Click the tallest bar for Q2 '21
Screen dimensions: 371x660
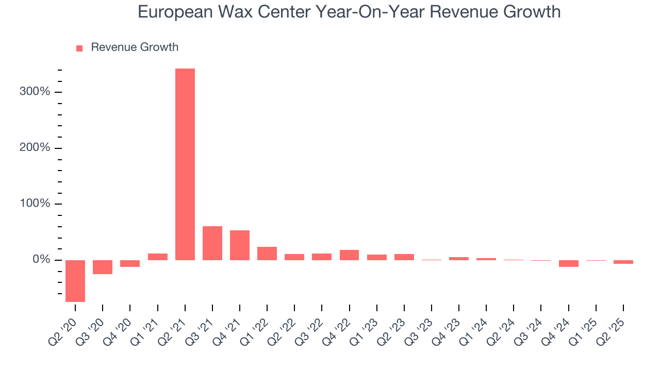pos(185,164)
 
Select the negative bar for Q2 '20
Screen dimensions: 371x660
pos(75,281)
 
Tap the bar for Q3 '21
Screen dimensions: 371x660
pos(212,243)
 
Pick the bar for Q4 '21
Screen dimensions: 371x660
pos(240,245)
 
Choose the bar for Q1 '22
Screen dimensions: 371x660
pos(267,253)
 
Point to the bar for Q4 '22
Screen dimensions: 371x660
pos(349,255)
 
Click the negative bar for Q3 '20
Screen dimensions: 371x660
pos(103,267)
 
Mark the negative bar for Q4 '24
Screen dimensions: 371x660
pos(568,263)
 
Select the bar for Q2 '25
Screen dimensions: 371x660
pos(623,262)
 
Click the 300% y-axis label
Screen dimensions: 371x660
pos(35,92)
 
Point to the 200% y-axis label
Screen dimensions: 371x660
pos(35,148)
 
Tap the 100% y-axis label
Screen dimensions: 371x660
pos(35,204)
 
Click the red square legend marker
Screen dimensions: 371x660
pos(79,48)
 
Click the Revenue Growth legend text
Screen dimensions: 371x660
pos(135,47)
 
